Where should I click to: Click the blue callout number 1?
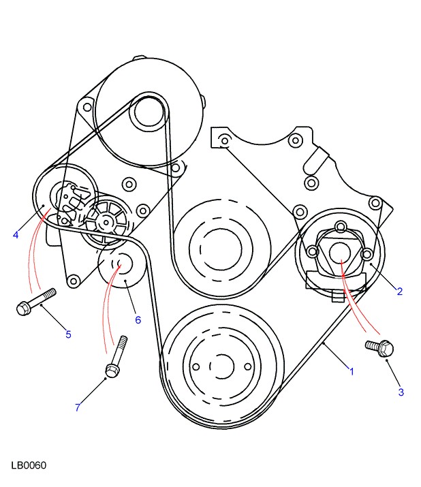(x=352, y=371)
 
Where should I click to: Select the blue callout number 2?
(x=400, y=292)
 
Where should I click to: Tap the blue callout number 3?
(x=401, y=392)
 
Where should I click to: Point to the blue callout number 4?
(x=16, y=235)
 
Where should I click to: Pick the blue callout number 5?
(x=68, y=334)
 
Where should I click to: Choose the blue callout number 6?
(x=138, y=320)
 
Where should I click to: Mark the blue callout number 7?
(x=78, y=407)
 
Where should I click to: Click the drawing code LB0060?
(x=29, y=465)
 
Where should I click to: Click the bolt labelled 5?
(x=36, y=302)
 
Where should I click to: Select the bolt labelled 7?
(x=116, y=356)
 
